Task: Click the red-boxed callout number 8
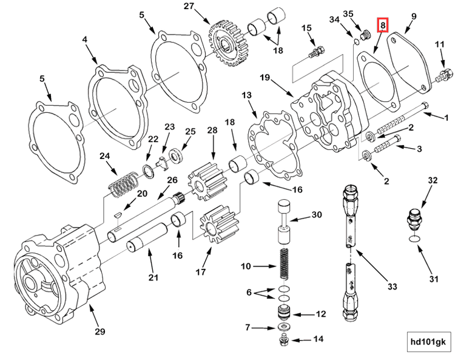pyautogui.click(x=382, y=25)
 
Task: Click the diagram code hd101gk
pyautogui.click(x=428, y=342)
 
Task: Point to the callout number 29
pyautogui.click(x=100, y=331)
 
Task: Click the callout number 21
pyautogui.click(x=153, y=278)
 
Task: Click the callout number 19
pyautogui.click(x=264, y=78)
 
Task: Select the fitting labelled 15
pyautogui.click(x=315, y=52)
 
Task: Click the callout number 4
pyautogui.click(x=85, y=41)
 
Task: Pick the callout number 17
pyautogui.click(x=200, y=272)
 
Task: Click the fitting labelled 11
pyautogui.click(x=444, y=73)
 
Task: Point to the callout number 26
pyautogui.click(x=172, y=180)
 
